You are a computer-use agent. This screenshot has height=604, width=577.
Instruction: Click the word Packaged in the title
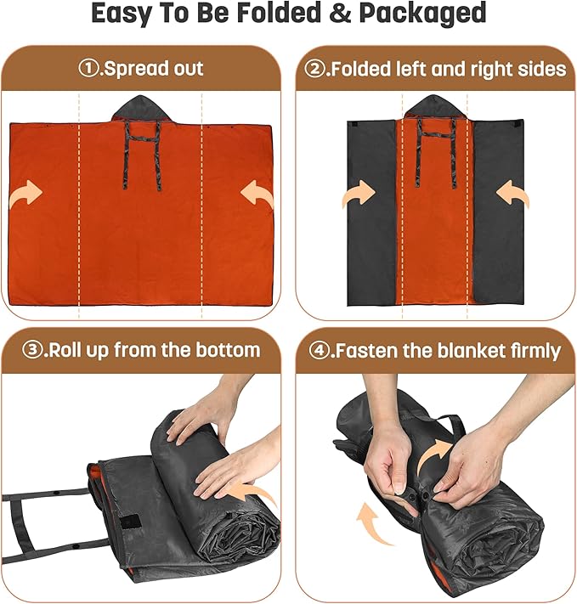[422, 14]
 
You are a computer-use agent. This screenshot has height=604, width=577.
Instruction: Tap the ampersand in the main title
[340, 13]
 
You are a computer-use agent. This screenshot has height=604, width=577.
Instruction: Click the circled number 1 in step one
[88, 69]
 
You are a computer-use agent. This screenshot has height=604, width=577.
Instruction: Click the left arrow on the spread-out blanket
[25, 194]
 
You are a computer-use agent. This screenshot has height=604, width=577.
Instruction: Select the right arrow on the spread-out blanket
[257, 194]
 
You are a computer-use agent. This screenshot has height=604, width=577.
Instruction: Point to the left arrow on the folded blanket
[359, 194]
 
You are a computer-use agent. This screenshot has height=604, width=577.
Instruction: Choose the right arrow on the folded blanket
[512, 194]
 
